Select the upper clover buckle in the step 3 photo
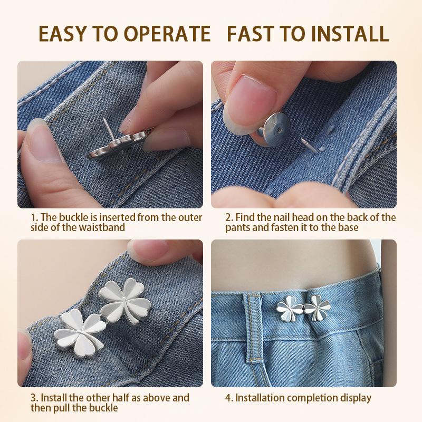[125, 299]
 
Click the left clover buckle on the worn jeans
[290, 310]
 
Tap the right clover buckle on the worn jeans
[317, 308]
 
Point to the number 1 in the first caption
[33, 217]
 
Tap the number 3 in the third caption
[34, 398]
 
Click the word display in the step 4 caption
[356, 398]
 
